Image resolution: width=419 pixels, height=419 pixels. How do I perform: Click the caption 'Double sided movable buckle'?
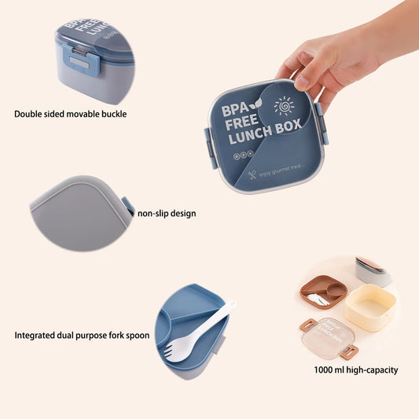pyautogui.click(x=70, y=114)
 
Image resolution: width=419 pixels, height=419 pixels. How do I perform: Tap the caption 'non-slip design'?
pyautogui.click(x=167, y=213)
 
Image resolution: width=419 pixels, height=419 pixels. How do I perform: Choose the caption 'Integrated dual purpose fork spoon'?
pyautogui.click(x=82, y=335)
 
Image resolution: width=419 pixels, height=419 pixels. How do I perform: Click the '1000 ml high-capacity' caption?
pyautogui.click(x=356, y=369)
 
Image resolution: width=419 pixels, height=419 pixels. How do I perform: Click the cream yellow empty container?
pyautogui.click(x=370, y=306)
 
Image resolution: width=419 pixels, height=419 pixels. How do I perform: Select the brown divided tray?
pyautogui.click(x=323, y=291)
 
